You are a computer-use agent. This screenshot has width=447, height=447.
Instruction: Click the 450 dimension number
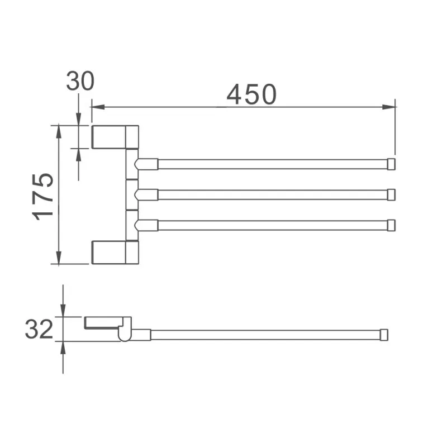[251, 94]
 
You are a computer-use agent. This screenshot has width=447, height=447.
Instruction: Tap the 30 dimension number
[80, 81]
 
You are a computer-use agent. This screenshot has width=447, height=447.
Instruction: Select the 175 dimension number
[43, 197]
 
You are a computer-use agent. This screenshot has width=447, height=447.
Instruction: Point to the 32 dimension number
[39, 329]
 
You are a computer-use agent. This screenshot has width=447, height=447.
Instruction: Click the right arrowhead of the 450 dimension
[389, 107]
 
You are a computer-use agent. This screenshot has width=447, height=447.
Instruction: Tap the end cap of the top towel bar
[392, 164]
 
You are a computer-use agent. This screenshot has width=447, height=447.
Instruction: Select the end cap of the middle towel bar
[392, 194]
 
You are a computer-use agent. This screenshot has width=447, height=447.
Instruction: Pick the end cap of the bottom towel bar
[392, 225]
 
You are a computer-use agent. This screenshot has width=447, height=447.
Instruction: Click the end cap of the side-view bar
[384, 335]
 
